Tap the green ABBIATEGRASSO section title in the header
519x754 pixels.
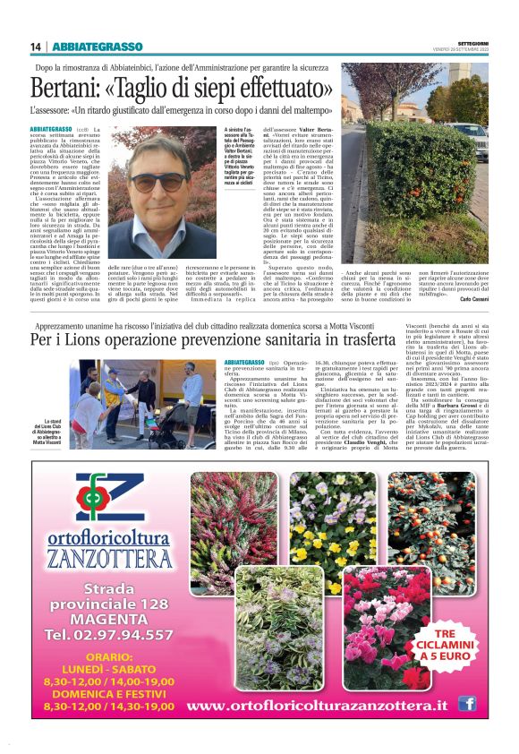click(x=98, y=47)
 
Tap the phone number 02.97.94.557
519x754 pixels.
click(x=110, y=636)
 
